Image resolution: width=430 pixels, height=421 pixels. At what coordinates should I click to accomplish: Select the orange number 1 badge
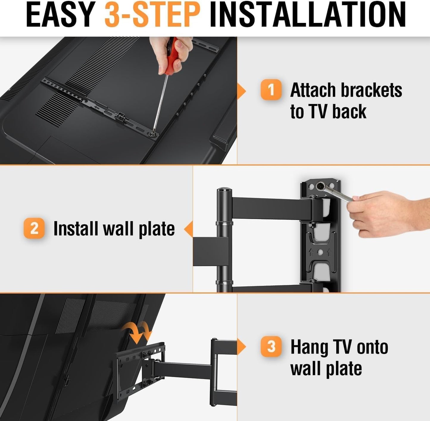[x=271, y=89]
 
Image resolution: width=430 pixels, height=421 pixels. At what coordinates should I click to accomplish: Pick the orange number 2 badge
[x=34, y=228]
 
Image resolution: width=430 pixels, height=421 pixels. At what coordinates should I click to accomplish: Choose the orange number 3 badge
[x=271, y=346]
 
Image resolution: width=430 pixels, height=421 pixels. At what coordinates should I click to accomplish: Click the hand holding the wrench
[x=386, y=212]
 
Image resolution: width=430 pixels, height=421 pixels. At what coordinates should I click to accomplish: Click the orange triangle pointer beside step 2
[x=189, y=229]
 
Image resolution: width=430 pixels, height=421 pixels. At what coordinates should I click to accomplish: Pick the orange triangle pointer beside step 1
[x=242, y=91]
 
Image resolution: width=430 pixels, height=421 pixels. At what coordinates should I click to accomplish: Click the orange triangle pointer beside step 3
[x=242, y=347]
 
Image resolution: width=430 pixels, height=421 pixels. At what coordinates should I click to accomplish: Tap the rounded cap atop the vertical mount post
[x=224, y=190]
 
